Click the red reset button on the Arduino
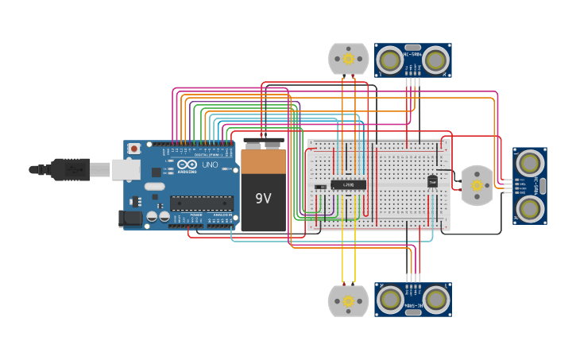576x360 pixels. tap(134, 149)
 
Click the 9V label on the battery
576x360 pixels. tap(263, 198)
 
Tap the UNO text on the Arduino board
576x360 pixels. tap(210, 165)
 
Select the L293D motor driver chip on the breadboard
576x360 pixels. tap(349, 184)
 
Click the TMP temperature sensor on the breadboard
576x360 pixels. tap(433, 181)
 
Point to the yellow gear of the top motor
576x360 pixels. tap(349, 59)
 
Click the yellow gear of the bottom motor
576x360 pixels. tap(349, 301)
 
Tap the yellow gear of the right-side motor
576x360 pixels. tap(477, 185)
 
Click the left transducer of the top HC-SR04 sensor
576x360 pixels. tap(390, 60)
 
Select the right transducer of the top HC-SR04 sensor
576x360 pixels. tap(435, 60)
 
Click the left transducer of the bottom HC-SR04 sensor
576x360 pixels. tap(390, 300)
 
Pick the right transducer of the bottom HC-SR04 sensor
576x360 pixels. tap(435, 300)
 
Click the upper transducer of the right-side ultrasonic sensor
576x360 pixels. tap(529, 163)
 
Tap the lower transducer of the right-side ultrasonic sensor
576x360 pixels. tap(529, 208)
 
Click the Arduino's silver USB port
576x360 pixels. tap(126, 168)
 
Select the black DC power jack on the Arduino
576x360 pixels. tap(130, 217)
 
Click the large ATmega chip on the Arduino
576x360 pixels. tap(202, 203)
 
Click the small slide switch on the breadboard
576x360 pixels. tap(320, 188)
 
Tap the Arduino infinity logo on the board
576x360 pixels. tap(187, 165)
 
